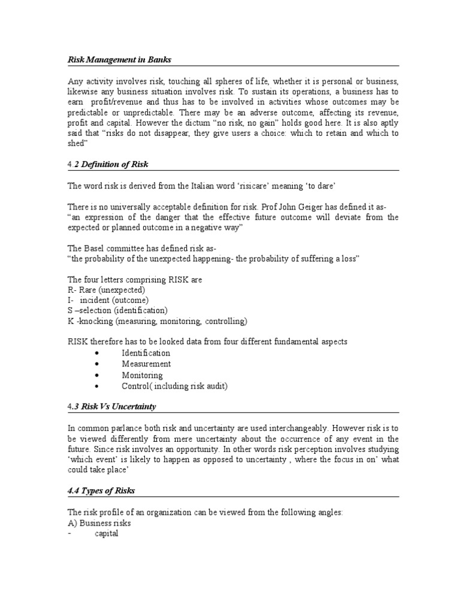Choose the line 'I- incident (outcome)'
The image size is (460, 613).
point(108,300)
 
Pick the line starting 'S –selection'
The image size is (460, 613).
point(117,310)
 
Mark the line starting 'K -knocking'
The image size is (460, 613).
point(157,321)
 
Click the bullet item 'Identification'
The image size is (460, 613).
point(146,353)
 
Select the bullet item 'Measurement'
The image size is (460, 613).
point(146,363)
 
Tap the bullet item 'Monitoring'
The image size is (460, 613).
point(143,375)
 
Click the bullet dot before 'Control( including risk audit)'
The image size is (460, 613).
point(96,386)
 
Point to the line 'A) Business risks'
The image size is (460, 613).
point(99,523)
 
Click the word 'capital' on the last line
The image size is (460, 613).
point(107,533)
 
